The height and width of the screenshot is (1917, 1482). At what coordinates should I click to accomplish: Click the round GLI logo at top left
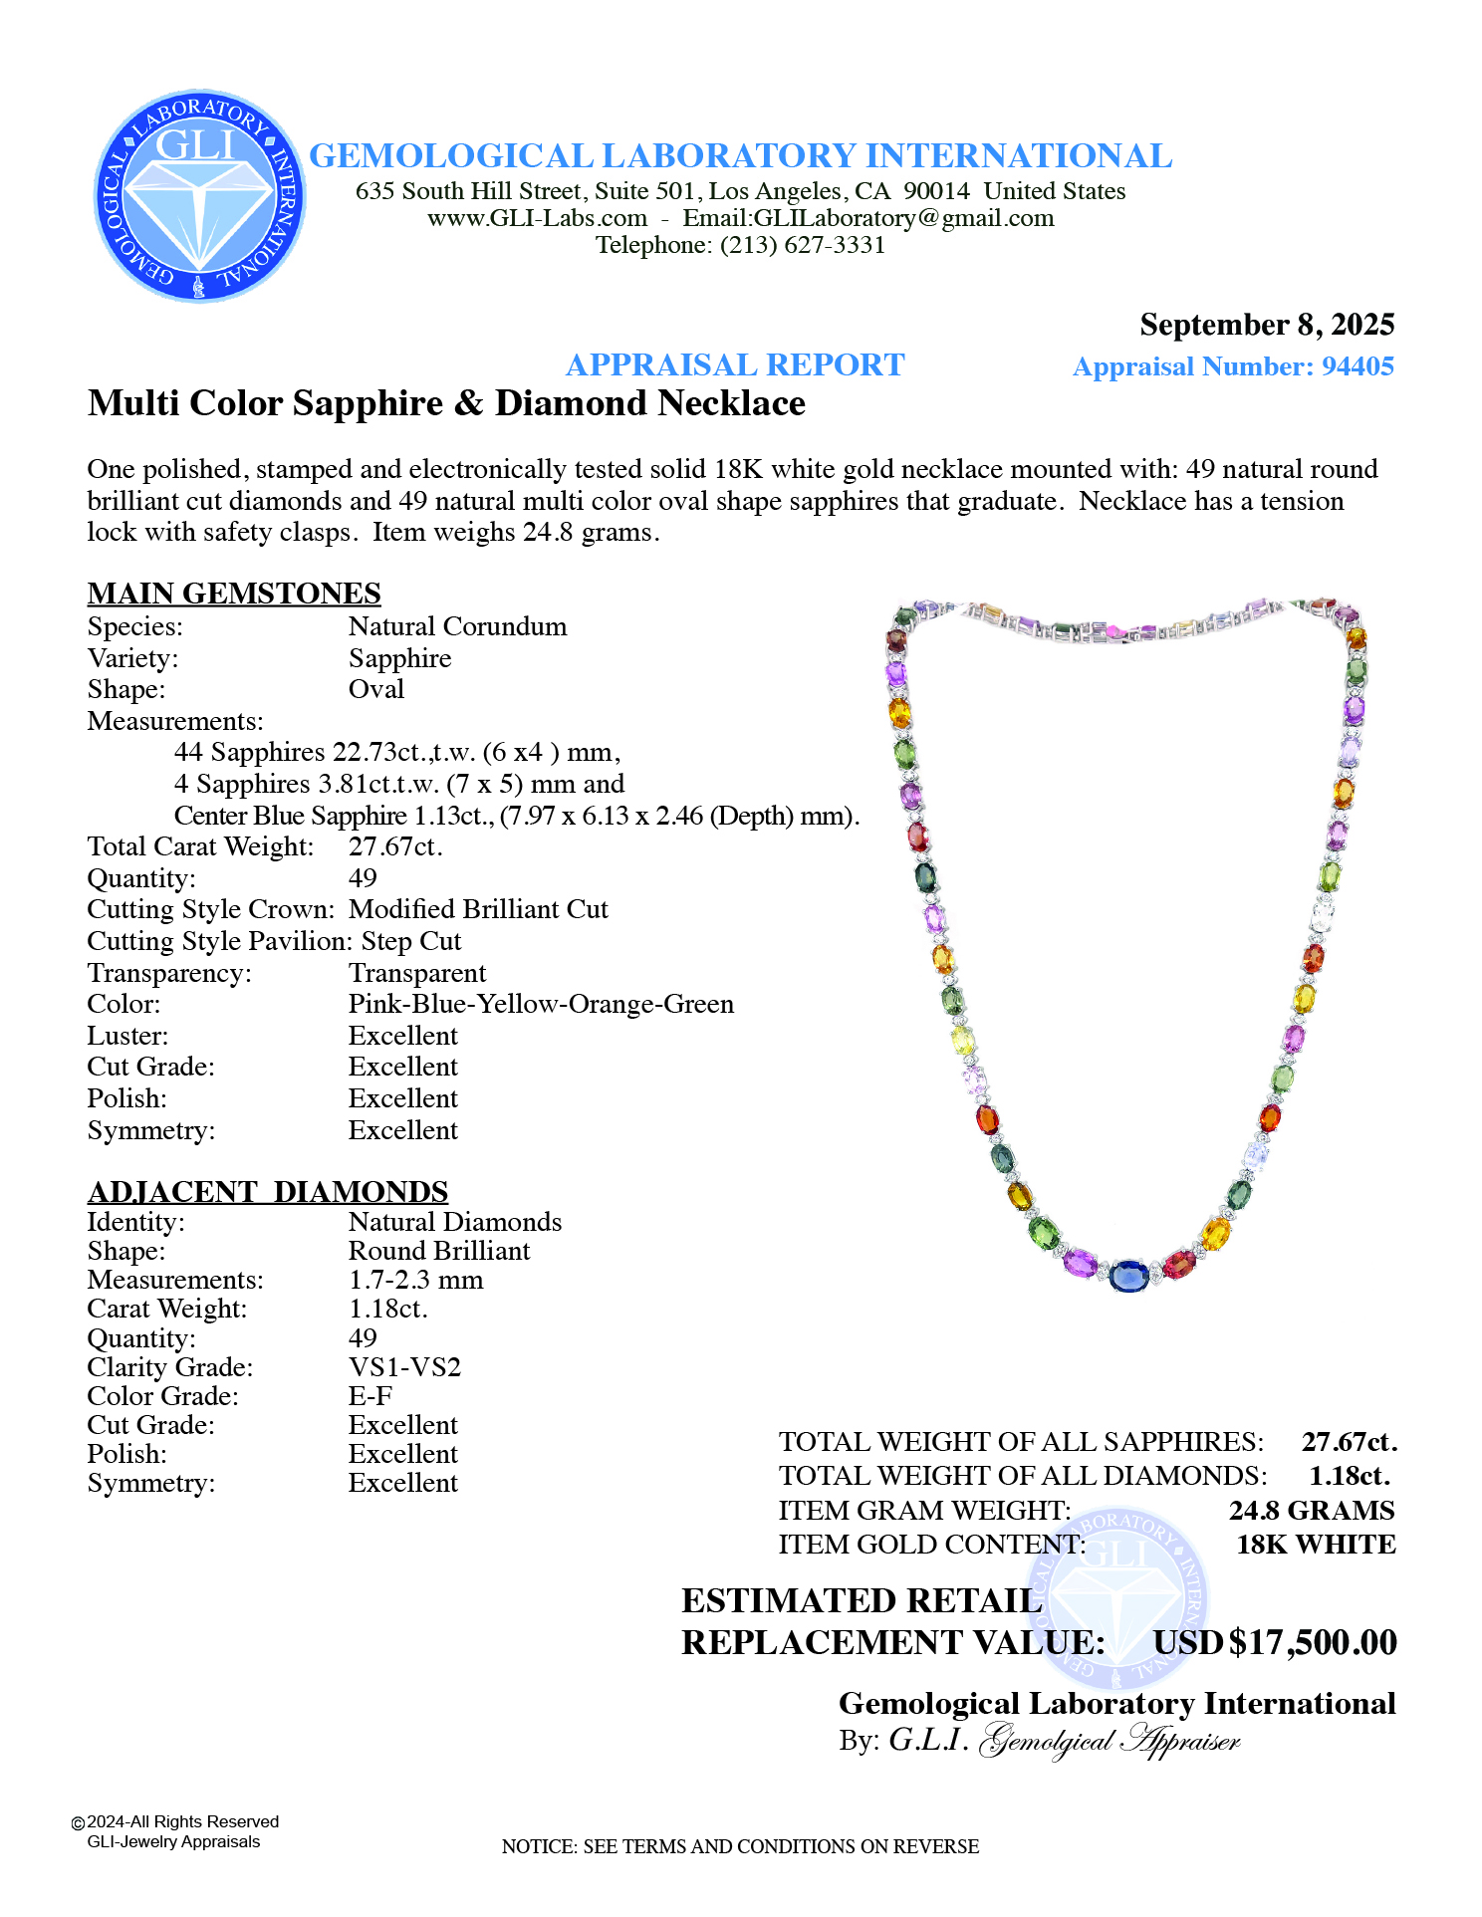[x=199, y=196]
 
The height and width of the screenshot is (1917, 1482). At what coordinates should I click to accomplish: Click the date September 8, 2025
[x=1266, y=325]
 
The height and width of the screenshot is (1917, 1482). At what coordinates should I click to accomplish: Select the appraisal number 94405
[x=1357, y=366]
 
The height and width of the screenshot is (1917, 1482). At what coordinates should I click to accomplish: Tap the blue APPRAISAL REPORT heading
[x=734, y=365]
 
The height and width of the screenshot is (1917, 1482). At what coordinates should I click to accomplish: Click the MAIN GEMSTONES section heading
[x=234, y=594]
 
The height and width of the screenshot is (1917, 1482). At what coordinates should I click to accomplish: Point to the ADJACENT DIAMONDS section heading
[x=267, y=1192]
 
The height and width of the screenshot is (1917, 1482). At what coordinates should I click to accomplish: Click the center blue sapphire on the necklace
[x=1128, y=1274]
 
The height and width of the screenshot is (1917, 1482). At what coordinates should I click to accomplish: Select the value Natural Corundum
[x=457, y=626]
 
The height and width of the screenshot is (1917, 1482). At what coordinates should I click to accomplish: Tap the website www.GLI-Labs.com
[x=537, y=218]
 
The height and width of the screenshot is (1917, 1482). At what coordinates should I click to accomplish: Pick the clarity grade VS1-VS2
[x=404, y=1367]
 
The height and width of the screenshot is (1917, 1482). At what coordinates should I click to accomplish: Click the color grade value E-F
[x=370, y=1396]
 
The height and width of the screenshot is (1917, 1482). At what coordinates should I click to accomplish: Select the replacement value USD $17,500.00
[x=1275, y=1642]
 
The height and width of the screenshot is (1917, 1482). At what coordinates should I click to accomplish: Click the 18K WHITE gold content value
[x=1315, y=1545]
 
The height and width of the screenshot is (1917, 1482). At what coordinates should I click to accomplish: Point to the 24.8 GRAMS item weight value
[x=1311, y=1511]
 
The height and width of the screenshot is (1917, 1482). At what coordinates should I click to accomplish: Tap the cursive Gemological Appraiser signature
[x=1110, y=1741]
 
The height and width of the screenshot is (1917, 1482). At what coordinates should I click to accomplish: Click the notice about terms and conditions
[x=740, y=1846]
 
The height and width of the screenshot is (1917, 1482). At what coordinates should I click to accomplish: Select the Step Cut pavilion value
[x=410, y=941]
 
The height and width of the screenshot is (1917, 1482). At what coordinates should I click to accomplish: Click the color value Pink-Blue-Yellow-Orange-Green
[x=541, y=1004]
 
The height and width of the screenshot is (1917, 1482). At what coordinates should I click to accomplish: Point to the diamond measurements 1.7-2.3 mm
[x=415, y=1280]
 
